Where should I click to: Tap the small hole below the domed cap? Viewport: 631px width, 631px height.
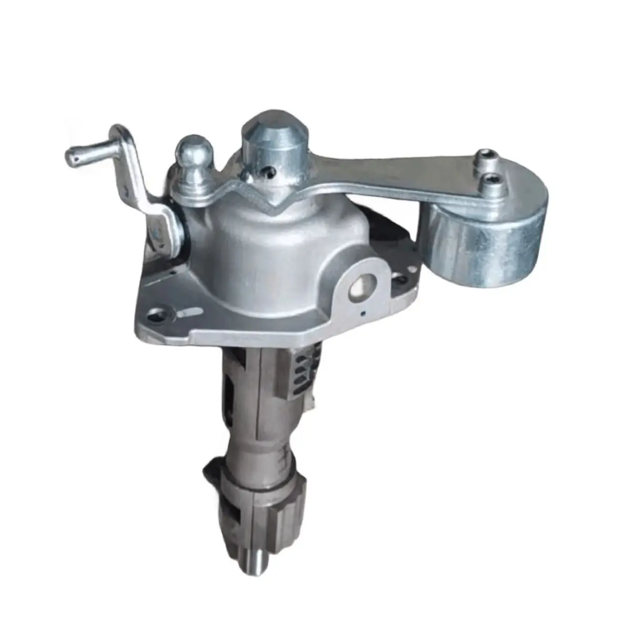(269, 170)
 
